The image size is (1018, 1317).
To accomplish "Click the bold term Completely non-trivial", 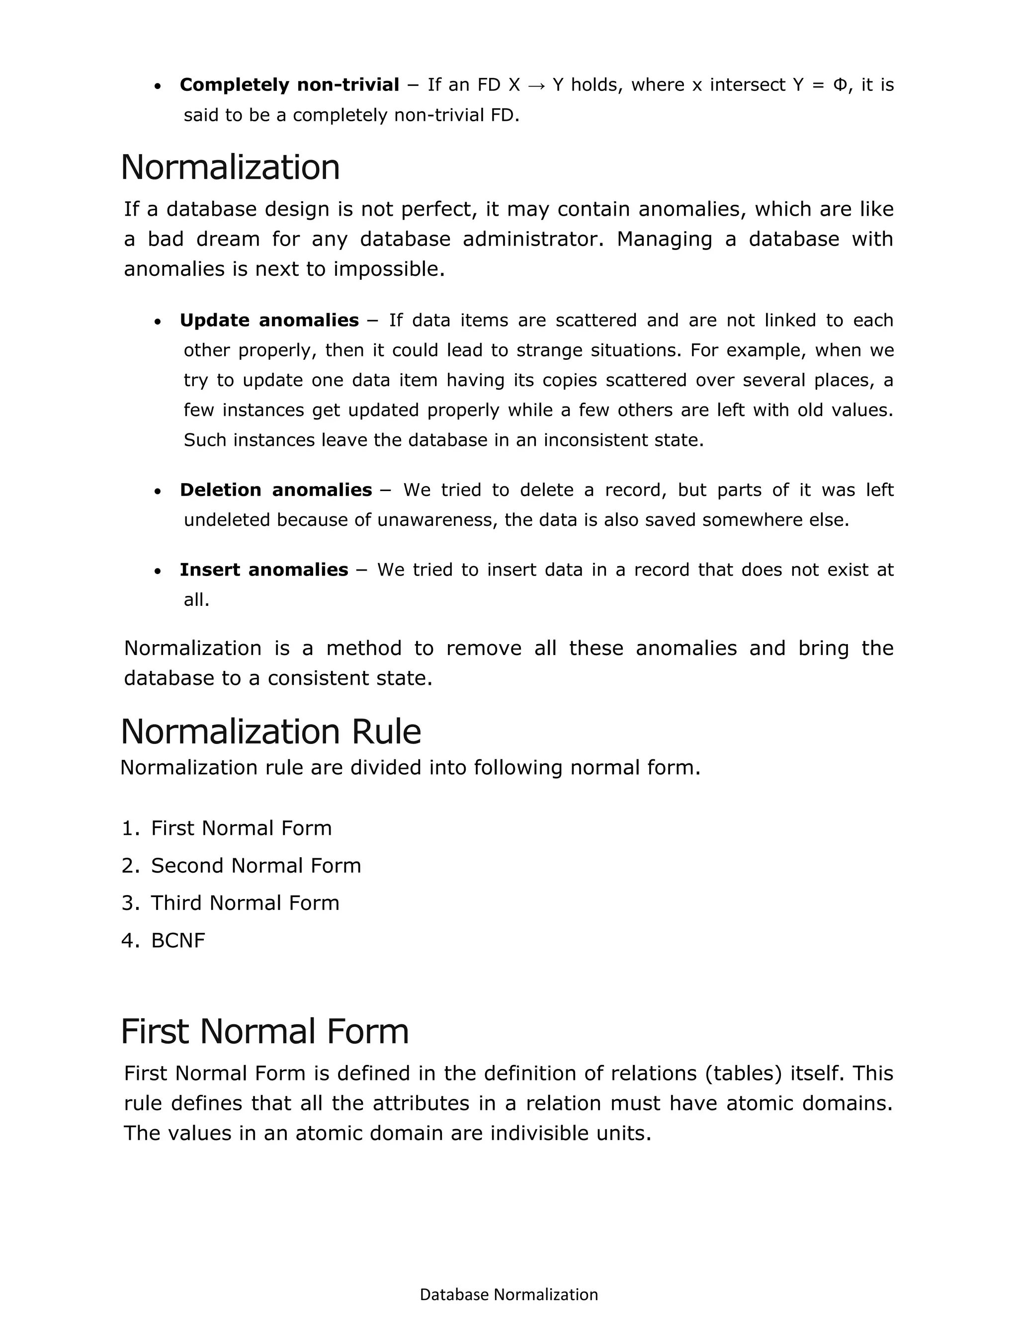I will (x=289, y=85).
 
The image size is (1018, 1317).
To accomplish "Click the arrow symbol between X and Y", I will (x=535, y=85).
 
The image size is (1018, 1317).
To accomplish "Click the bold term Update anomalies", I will (x=269, y=320).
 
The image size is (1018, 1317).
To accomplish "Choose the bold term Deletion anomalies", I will (x=275, y=490).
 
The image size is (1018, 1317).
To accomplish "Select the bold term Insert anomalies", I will (x=263, y=570).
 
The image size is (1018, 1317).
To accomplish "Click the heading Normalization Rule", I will (x=271, y=732).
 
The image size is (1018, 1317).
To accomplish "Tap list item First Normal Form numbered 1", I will (x=241, y=828).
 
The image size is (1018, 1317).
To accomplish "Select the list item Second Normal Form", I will (x=255, y=865).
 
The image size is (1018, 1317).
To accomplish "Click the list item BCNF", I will (x=178, y=940).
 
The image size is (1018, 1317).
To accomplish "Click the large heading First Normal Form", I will (x=265, y=1031).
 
